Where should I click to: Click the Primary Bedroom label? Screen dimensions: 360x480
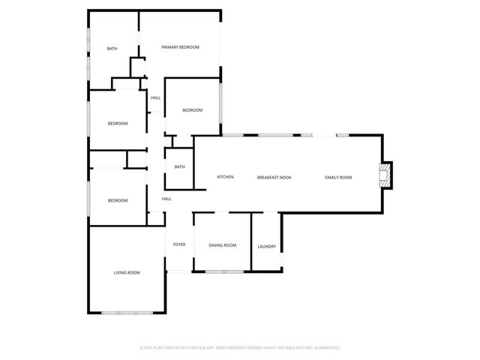[181, 47]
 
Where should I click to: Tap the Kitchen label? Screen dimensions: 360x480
[225, 177]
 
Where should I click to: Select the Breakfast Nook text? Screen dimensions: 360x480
[274, 177]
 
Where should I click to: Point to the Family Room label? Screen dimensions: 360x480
[338, 177]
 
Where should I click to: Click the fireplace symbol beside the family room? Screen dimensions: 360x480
[385, 176]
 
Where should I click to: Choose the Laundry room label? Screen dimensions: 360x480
[266, 247]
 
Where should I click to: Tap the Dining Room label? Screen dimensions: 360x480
[222, 245]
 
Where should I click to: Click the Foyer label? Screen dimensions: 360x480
[179, 244]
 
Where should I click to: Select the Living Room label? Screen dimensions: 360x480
[127, 272]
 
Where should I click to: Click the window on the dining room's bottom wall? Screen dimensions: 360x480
[222, 270]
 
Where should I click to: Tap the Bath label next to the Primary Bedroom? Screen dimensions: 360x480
[112, 49]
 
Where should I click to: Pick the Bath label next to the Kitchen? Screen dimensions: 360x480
[179, 166]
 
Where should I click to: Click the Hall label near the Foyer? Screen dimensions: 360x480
[166, 199]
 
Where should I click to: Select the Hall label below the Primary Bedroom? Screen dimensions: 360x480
[155, 97]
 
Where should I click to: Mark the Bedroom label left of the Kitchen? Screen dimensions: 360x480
[117, 124]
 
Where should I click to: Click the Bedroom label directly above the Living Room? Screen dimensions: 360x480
[117, 200]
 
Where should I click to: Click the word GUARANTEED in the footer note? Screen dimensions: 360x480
[324, 348]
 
